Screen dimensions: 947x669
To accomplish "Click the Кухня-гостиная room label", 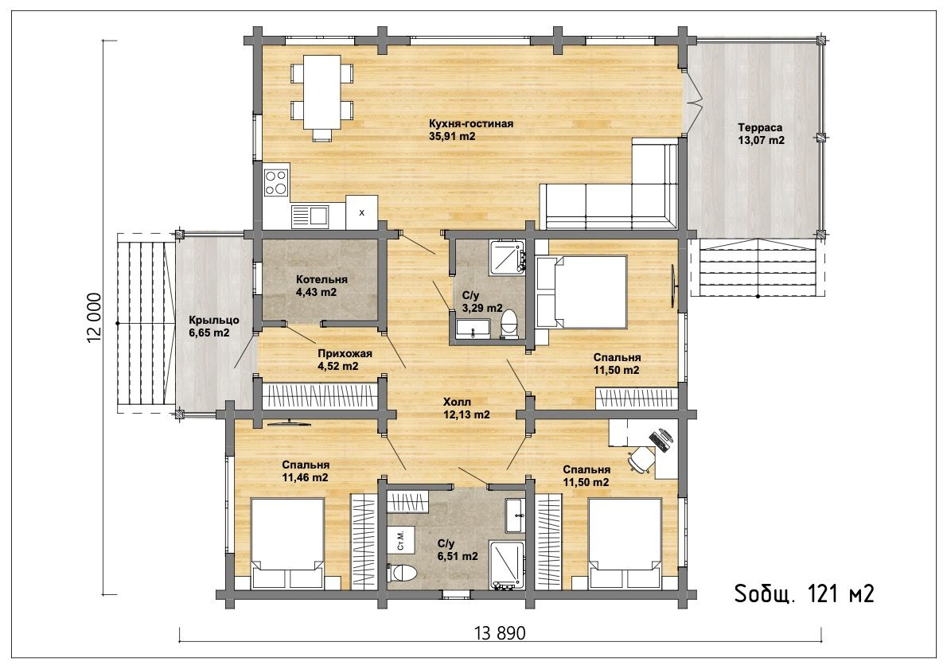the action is tap(471, 124).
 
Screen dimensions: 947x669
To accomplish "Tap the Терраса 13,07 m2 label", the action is tap(761, 134).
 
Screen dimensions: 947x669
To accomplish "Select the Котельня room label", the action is tap(322, 279).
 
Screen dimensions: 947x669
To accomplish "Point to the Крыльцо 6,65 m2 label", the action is tap(214, 326).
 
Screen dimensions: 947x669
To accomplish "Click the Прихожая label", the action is tap(345, 354).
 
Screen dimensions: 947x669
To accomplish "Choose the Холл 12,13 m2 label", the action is tap(466, 408).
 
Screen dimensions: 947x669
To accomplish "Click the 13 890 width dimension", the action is tap(500, 633).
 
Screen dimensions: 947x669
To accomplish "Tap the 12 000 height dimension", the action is tap(95, 318).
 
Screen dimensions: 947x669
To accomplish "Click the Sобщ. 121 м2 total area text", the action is tap(805, 594).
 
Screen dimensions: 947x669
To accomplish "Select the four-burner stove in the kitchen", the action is tap(276, 181).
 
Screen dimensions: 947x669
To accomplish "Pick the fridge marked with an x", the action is tap(361, 212).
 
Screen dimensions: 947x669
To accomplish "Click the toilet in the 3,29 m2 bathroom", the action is tap(510, 325).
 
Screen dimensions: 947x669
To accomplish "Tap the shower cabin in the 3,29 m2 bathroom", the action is tap(508, 256).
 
